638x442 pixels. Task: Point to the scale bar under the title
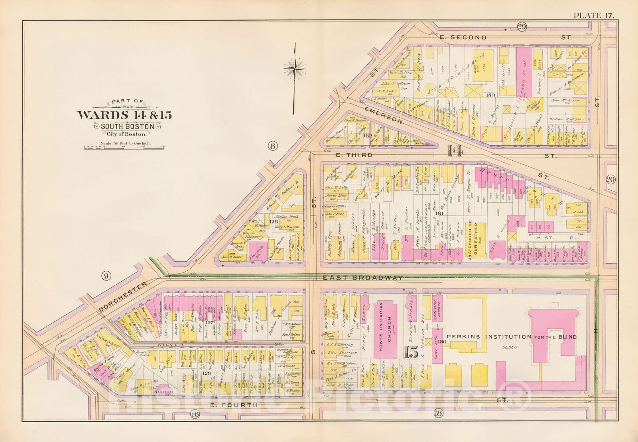coord(125,147)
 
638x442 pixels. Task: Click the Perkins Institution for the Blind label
coord(512,337)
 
